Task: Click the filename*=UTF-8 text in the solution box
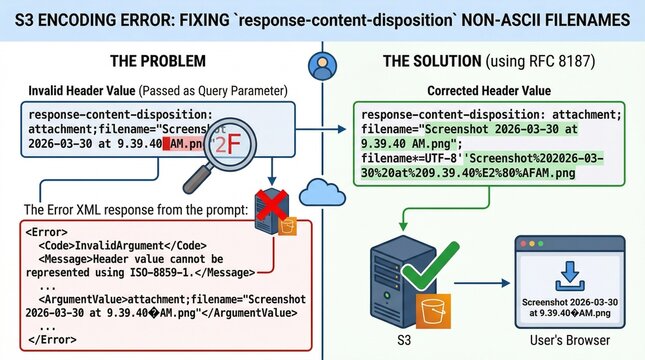(405, 157)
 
